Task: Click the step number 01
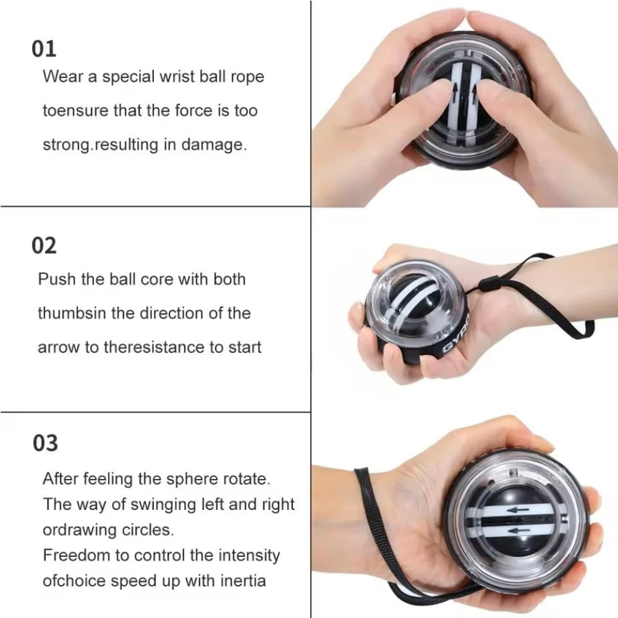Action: coord(44,49)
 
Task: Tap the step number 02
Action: coord(44,245)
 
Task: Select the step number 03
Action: coord(44,442)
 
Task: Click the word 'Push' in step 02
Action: coord(56,279)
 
